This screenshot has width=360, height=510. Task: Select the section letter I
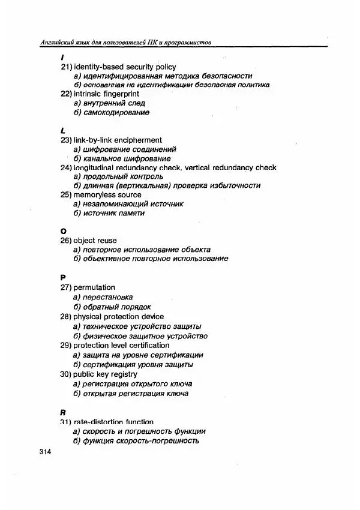click(62, 57)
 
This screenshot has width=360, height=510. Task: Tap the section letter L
click(62, 130)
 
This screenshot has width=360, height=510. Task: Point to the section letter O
click(63, 231)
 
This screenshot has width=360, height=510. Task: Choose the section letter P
click(63, 278)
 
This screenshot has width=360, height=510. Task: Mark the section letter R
click(63, 413)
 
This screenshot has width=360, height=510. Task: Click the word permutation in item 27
click(94, 287)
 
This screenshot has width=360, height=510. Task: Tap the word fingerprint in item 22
click(119, 94)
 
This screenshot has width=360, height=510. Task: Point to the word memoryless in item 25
click(93, 194)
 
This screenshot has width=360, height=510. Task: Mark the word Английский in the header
click(55, 42)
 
